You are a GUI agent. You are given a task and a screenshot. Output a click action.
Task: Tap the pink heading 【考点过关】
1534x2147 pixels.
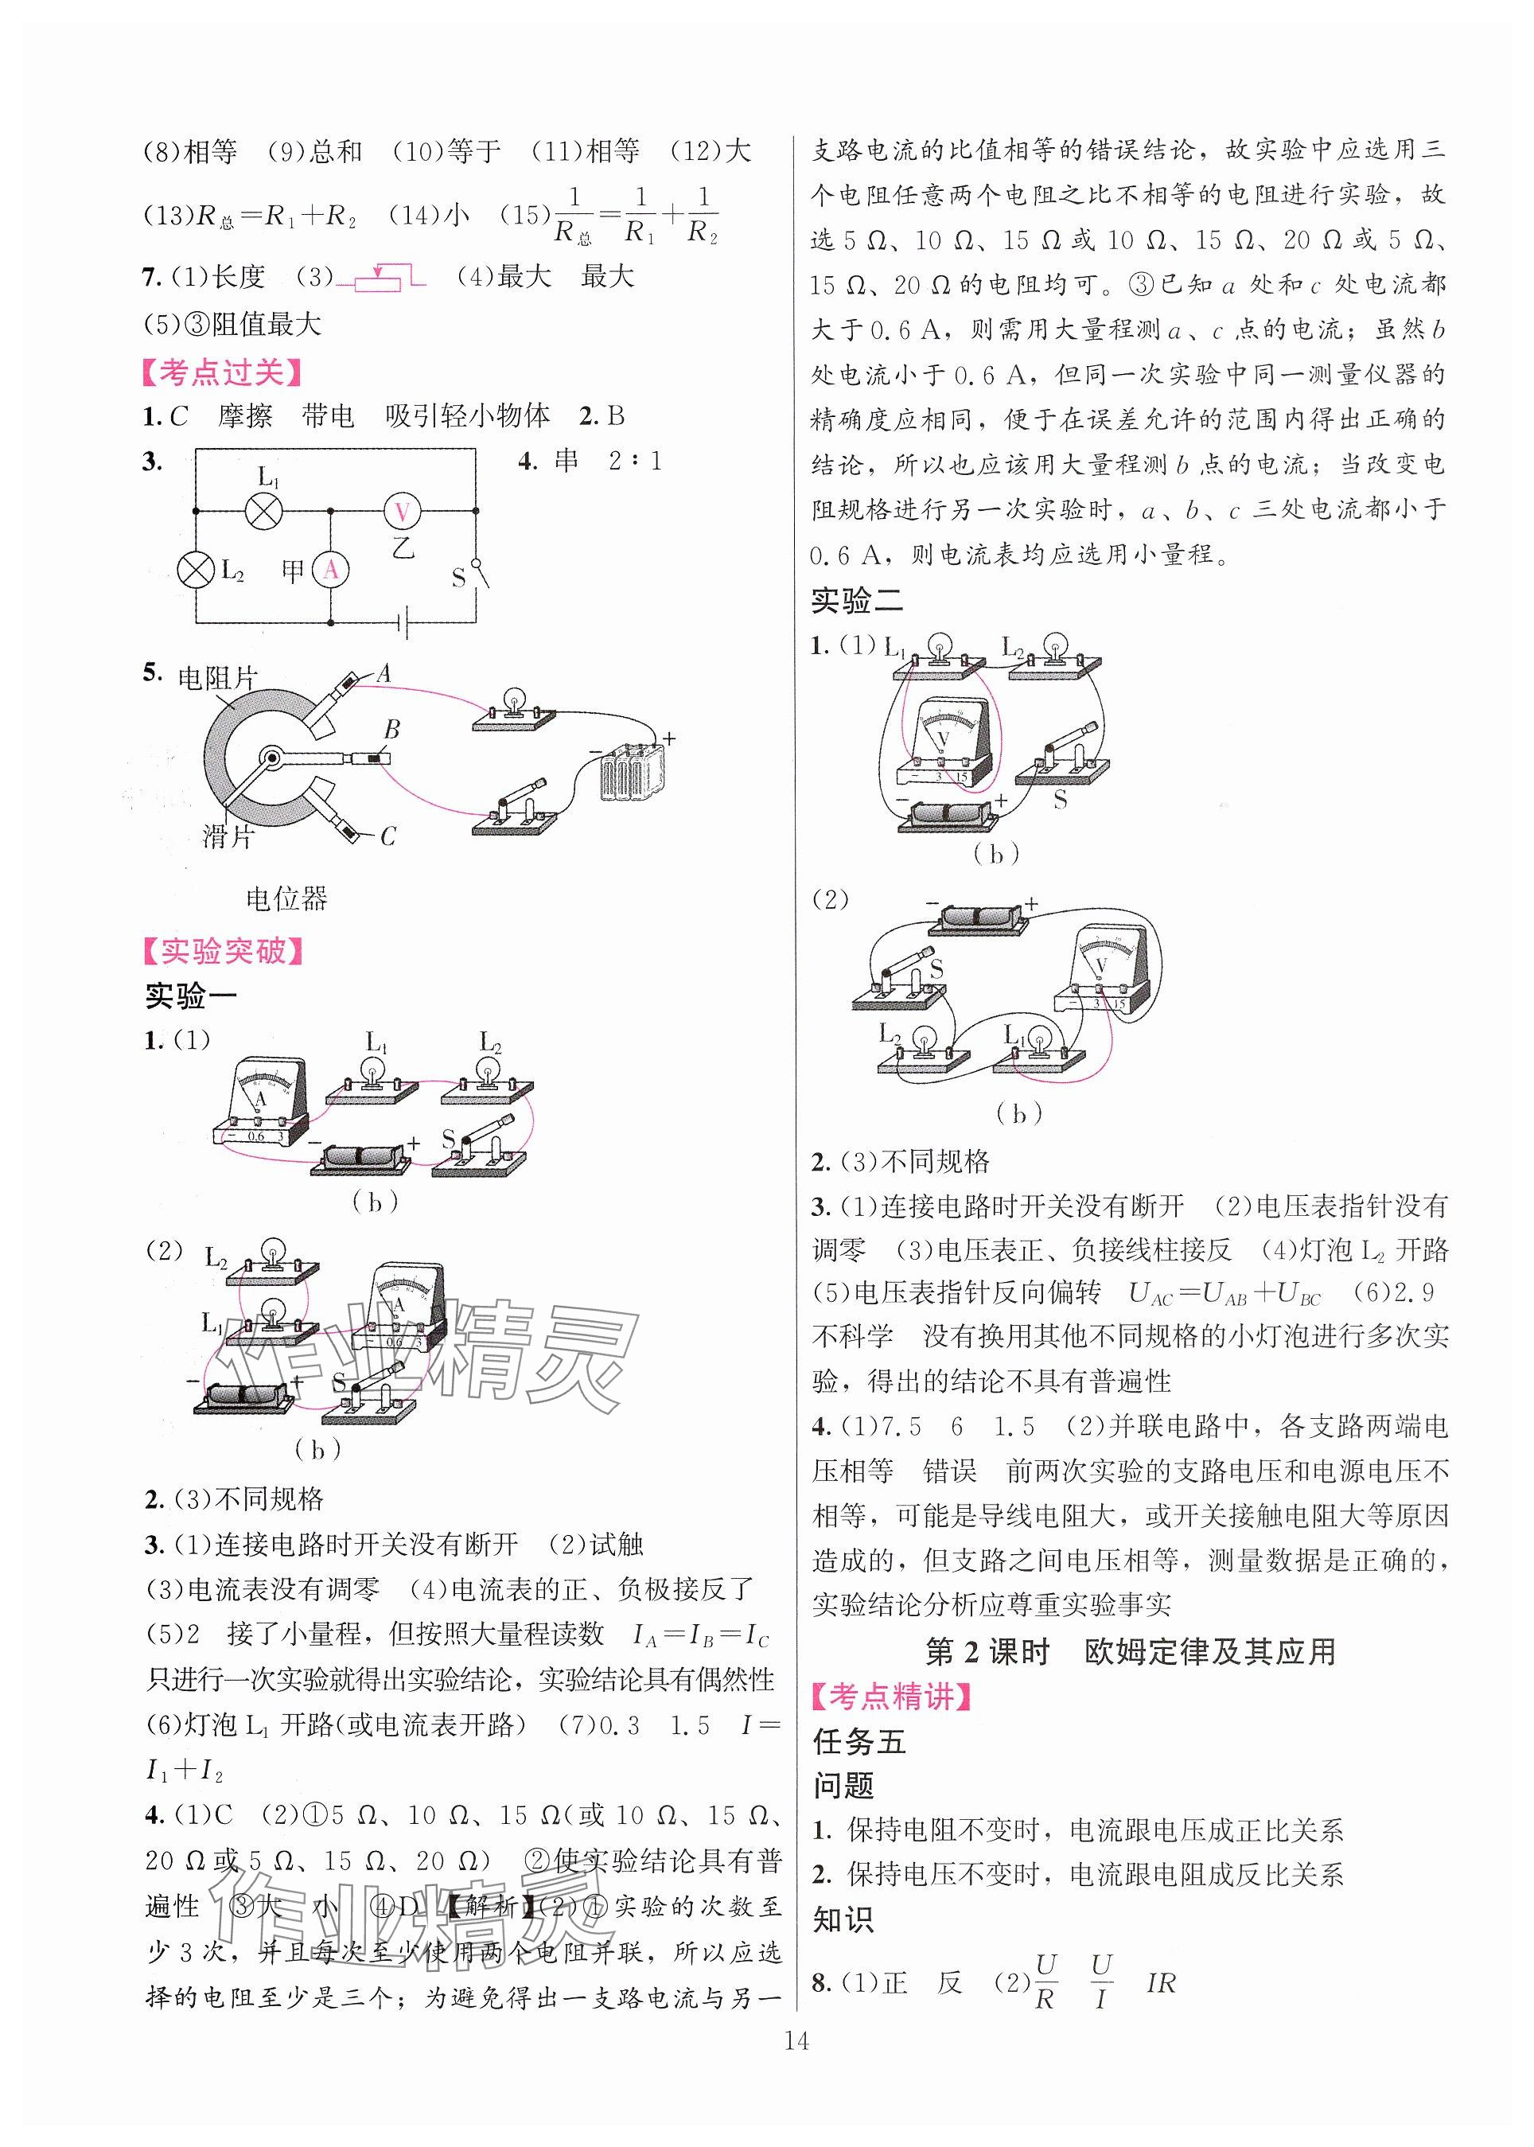coord(222,373)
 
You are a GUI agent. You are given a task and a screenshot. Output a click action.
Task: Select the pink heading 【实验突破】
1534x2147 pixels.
coord(223,950)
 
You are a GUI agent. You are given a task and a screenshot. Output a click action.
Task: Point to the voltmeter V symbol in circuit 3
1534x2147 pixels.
coord(402,511)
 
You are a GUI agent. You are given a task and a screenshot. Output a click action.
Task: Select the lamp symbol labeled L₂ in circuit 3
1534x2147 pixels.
coord(196,571)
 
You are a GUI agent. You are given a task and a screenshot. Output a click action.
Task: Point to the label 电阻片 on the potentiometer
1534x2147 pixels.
coord(217,677)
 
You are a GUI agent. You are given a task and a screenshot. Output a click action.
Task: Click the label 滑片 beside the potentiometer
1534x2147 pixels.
coord(227,835)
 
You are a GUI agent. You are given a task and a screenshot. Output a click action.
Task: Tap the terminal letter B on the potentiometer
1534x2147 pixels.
coord(391,729)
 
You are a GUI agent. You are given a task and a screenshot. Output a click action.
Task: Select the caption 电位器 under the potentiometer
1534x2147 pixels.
coord(286,898)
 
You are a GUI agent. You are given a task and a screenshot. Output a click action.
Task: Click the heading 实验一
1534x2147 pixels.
coord(191,996)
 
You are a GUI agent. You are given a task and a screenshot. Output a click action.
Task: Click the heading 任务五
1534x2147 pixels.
coord(858,1741)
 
